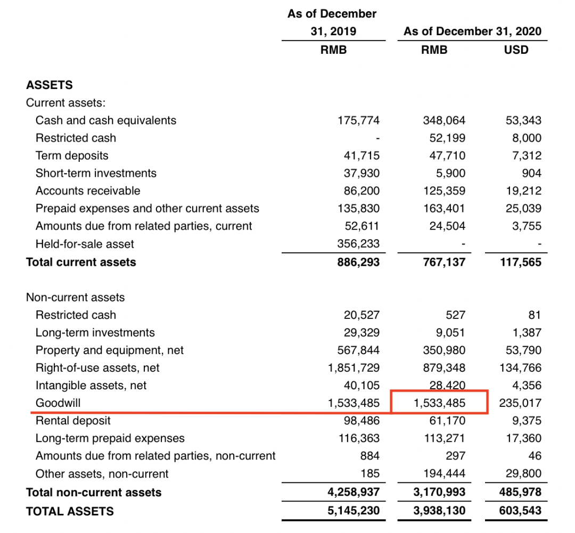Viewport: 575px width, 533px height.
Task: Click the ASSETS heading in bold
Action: (x=50, y=85)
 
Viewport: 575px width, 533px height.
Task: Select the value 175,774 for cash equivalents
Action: (x=359, y=120)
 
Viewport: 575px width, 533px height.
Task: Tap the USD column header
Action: (x=516, y=50)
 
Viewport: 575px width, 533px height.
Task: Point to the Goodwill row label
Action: (x=58, y=403)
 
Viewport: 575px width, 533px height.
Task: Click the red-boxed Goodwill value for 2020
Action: (x=439, y=403)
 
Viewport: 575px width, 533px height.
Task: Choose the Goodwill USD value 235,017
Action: (x=520, y=403)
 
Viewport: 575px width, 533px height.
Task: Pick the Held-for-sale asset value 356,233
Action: (x=359, y=244)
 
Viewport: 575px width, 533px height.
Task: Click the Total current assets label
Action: (x=81, y=262)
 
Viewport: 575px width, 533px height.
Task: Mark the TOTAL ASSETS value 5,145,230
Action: (x=354, y=511)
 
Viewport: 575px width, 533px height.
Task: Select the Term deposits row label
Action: (x=72, y=155)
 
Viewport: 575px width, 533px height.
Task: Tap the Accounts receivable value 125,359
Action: (x=444, y=191)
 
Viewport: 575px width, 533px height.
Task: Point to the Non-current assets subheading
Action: (x=75, y=297)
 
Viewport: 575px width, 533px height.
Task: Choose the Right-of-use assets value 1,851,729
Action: (x=354, y=368)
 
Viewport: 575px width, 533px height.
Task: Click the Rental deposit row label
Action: (x=73, y=421)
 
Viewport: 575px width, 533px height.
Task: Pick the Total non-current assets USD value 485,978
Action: (x=520, y=493)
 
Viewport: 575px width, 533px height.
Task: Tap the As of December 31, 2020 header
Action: (x=472, y=31)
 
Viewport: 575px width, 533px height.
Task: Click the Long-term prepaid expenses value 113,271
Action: (x=444, y=438)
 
